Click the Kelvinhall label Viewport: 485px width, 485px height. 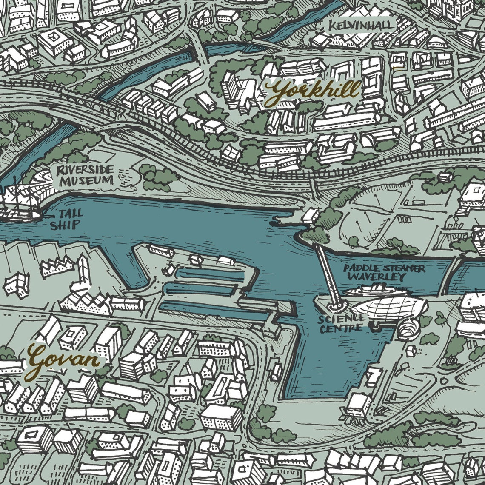click(x=361, y=25)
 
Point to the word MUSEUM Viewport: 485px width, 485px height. click(x=87, y=181)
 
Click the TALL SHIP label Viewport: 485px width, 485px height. click(x=65, y=220)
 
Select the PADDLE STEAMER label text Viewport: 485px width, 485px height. click(x=384, y=268)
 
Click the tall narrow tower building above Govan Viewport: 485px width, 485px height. click(x=83, y=272)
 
